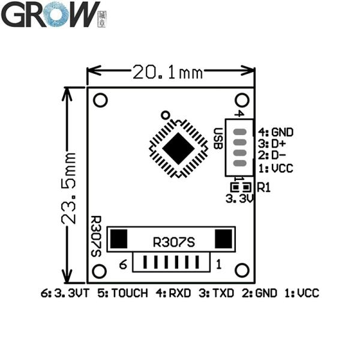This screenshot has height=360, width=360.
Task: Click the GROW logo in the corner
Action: [51, 14]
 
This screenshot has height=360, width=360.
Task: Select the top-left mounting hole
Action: [101, 100]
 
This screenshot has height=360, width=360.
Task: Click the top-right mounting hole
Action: [242, 100]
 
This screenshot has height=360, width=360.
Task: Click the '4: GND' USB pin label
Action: [276, 132]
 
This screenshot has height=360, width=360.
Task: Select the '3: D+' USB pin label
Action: [272, 144]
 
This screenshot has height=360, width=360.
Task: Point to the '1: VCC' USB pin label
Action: [276, 169]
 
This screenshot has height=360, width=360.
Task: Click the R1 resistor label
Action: [264, 187]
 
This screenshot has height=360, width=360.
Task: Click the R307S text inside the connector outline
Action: [174, 242]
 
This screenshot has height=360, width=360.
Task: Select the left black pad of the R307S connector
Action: [119, 239]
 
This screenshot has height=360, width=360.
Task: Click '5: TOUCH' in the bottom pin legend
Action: [124, 293]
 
